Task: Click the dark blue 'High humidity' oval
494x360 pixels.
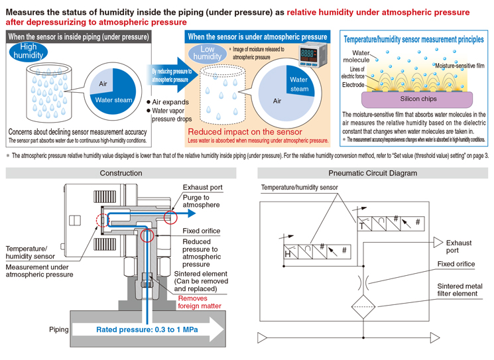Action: tap(29, 51)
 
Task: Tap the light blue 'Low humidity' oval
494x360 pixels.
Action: tap(208, 53)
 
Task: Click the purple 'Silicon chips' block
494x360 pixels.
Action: tap(417, 99)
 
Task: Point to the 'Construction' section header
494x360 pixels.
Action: tap(121, 173)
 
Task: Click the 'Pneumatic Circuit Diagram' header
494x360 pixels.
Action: tap(373, 173)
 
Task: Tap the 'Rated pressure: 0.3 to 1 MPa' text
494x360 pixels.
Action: tap(147, 330)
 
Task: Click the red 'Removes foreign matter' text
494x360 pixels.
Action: tap(200, 302)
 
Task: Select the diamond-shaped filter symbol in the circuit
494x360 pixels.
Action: tap(363, 306)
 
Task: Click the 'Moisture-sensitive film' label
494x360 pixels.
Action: tap(460, 66)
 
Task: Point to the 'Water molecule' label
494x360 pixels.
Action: tap(356, 56)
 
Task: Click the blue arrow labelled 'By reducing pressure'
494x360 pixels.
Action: tap(172, 76)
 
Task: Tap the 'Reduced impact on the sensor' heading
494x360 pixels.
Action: tap(245, 132)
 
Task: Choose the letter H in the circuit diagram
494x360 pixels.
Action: tap(288, 254)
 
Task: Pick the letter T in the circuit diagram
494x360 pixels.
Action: tap(361, 226)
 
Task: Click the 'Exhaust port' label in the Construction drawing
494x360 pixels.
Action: tap(203, 188)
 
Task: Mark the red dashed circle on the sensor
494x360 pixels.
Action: tap(102, 220)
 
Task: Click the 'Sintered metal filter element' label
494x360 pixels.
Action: tap(460, 290)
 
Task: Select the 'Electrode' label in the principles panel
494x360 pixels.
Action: tap(353, 85)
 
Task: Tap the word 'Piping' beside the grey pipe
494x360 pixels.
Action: tap(59, 330)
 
